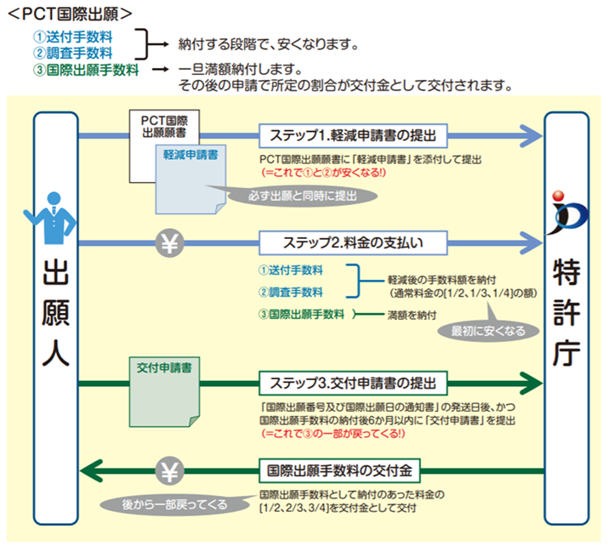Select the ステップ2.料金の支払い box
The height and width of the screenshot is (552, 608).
[x=353, y=242]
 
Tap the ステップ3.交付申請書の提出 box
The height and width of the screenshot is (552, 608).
[x=353, y=380]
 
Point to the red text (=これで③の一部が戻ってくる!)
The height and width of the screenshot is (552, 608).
[x=333, y=433]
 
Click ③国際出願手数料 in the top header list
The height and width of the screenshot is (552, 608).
[x=87, y=70]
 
